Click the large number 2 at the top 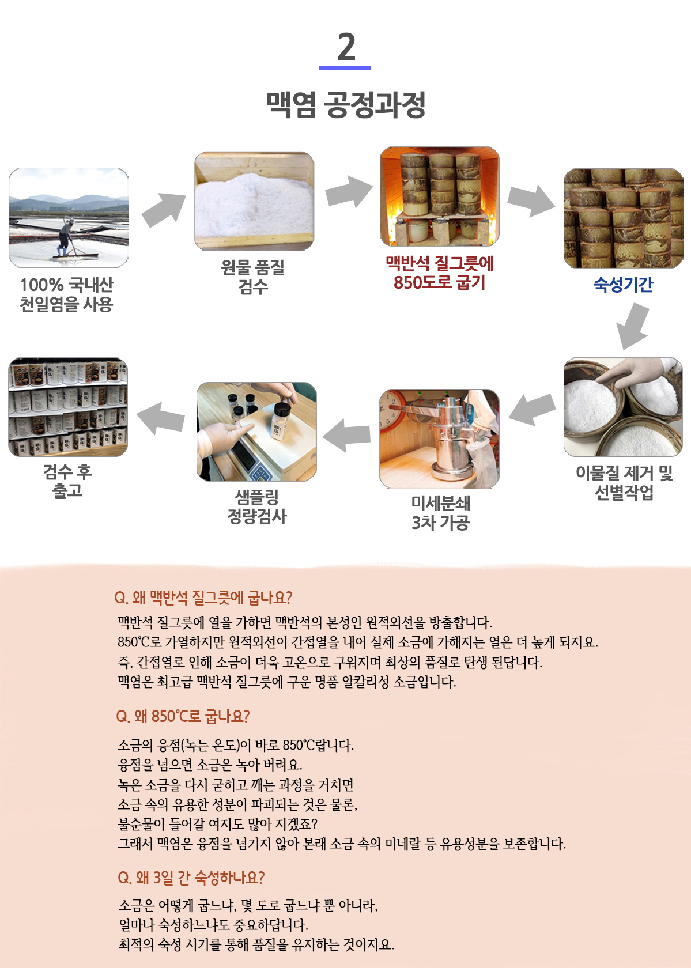click(x=346, y=47)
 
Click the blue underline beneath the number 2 click(x=345, y=68)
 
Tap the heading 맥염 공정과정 click(x=346, y=105)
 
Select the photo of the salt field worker click(x=69, y=218)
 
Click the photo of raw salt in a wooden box click(x=254, y=201)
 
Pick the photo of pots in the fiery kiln click(x=440, y=196)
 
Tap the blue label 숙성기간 click(x=623, y=285)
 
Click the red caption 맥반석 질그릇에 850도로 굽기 click(x=440, y=273)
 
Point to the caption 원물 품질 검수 click(x=253, y=277)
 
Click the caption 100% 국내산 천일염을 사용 click(x=67, y=295)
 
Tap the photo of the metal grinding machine click(x=439, y=439)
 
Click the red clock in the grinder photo click(x=391, y=410)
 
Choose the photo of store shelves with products click(x=68, y=407)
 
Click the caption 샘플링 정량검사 click(x=257, y=506)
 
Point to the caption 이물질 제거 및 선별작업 click(x=624, y=483)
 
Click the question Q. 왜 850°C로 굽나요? click(x=183, y=717)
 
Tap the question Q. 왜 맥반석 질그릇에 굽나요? click(x=203, y=598)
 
